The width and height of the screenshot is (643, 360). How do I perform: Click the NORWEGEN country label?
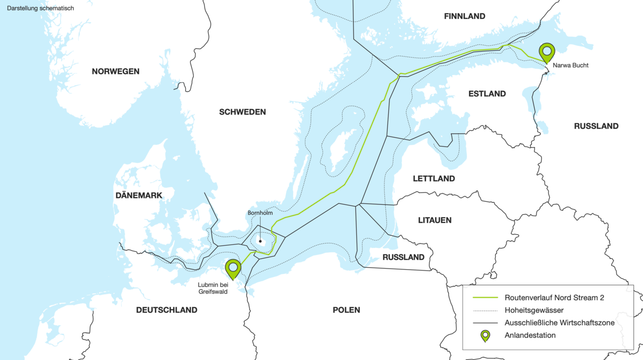click(x=115, y=71)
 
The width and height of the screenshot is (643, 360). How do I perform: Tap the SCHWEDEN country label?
click(x=242, y=112)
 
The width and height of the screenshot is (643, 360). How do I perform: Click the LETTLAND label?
click(x=433, y=178)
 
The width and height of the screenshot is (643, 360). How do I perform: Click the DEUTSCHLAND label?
click(x=166, y=310)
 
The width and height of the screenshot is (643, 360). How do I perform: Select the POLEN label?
click(x=346, y=310)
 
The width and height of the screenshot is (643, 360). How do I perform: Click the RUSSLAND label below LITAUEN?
click(x=403, y=257)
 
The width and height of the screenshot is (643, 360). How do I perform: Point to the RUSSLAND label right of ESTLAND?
click(x=597, y=127)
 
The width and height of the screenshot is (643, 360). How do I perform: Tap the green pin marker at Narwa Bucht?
click(x=547, y=52)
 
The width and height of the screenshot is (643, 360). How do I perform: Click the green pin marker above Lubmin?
click(x=233, y=268)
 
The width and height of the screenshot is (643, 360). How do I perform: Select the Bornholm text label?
click(x=259, y=213)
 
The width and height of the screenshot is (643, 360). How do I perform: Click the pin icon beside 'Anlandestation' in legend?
click(x=485, y=337)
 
